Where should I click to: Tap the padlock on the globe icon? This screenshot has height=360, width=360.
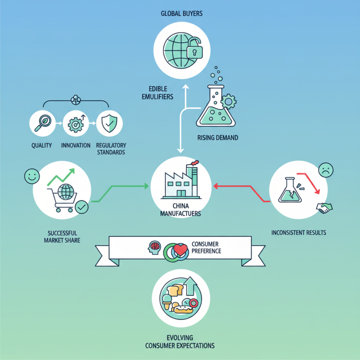(x=193, y=50)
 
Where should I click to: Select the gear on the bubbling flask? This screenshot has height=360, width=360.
(x=229, y=102)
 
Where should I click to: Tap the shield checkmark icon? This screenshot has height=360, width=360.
(x=109, y=123)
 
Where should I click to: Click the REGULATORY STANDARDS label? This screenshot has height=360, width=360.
(x=110, y=149)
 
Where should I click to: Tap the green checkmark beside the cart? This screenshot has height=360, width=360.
(x=81, y=207)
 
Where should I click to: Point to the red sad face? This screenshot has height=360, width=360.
(x=326, y=171)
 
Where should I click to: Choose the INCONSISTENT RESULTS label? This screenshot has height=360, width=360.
(x=298, y=233)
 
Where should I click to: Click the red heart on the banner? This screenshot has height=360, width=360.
(x=181, y=250)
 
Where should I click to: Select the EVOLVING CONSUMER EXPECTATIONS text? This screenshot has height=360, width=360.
(x=180, y=342)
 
